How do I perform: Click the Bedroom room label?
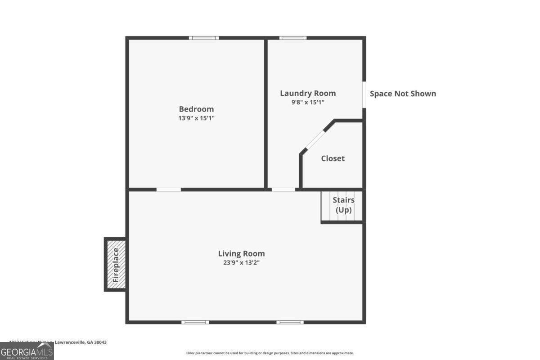tap(196, 109)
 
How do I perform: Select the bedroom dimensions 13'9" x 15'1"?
tap(196, 118)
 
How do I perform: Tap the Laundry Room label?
tap(308, 93)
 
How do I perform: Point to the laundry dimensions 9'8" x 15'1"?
tap(308, 102)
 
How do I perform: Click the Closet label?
tap(333, 158)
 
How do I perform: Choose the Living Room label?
tap(241, 253)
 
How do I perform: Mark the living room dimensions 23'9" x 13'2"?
tap(241, 263)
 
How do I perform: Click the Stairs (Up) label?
tap(343, 205)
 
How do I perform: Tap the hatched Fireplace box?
tap(116, 265)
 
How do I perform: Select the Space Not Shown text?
tap(403, 94)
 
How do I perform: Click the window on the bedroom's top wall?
tap(204, 38)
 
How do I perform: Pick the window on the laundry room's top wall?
tap(293, 38)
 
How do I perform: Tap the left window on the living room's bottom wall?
tap(195, 322)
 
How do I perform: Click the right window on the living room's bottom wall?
tap(290, 322)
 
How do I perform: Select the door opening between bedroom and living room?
tap(169, 189)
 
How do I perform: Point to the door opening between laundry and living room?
tap(283, 189)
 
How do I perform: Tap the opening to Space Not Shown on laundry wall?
tap(364, 94)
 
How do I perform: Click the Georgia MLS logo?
tap(27, 351)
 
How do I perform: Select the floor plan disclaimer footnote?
tap(270, 353)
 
